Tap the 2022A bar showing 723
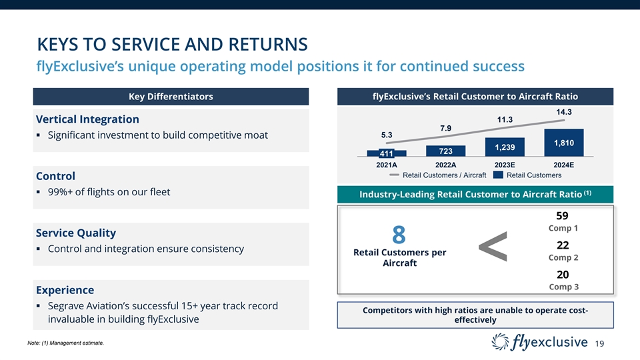point(445,151)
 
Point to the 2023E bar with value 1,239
point(505,147)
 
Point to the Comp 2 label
point(563,257)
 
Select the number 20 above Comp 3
point(563,275)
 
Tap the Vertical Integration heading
point(87,119)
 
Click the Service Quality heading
point(75,233)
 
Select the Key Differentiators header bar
point(171,97)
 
